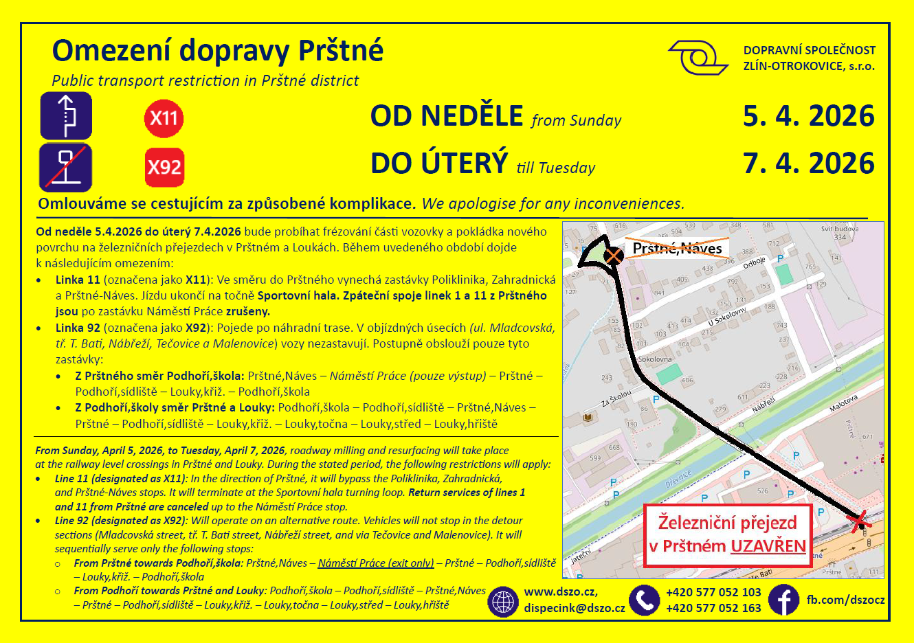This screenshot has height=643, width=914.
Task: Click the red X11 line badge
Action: click(164, 118)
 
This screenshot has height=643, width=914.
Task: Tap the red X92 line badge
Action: click(165, 167)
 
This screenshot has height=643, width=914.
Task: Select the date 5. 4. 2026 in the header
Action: click(808, 116)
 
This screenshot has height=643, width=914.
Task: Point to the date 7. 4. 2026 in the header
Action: click(808, 163)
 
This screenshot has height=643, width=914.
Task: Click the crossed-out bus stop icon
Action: click(65, 167)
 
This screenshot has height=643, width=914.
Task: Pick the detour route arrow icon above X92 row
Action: click(65, 115)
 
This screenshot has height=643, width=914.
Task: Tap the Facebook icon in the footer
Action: click(783, 600)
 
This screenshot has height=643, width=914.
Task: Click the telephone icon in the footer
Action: click(644, 600)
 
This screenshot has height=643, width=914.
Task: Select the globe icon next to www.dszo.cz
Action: click(503, 602)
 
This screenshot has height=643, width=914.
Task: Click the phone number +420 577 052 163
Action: click(713, 608)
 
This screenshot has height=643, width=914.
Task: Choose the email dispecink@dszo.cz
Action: click(575, 608)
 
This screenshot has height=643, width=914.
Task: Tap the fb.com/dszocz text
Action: click(845, 600)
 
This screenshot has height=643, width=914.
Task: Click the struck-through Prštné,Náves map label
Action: click(676, 249)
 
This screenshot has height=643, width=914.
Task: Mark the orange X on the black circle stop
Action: click(614, 256)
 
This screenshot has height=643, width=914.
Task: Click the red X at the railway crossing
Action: click(859, 521)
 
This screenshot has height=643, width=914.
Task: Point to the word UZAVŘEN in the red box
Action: click(768, 546)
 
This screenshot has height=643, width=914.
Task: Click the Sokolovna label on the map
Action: click(655, 359)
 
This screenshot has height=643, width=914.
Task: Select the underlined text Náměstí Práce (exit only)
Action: click(376, 563)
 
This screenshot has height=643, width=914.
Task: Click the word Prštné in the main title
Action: click(340, 51)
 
